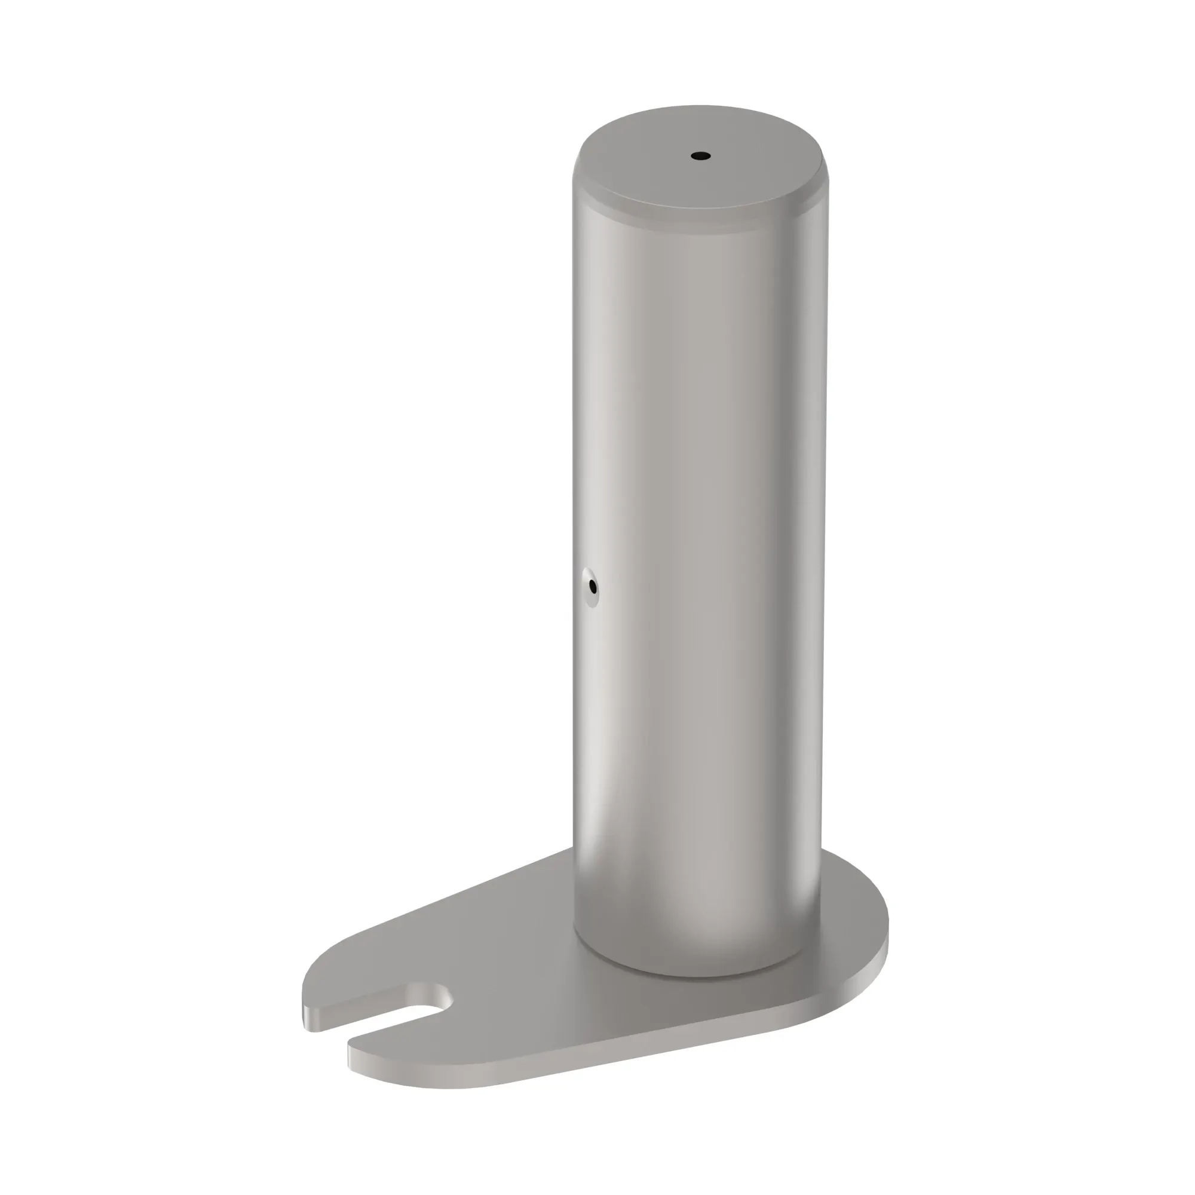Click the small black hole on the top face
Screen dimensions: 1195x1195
coord(700,156)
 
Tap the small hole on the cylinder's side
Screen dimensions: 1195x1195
coord(593,586)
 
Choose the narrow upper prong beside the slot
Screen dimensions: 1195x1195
coord(365,989)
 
